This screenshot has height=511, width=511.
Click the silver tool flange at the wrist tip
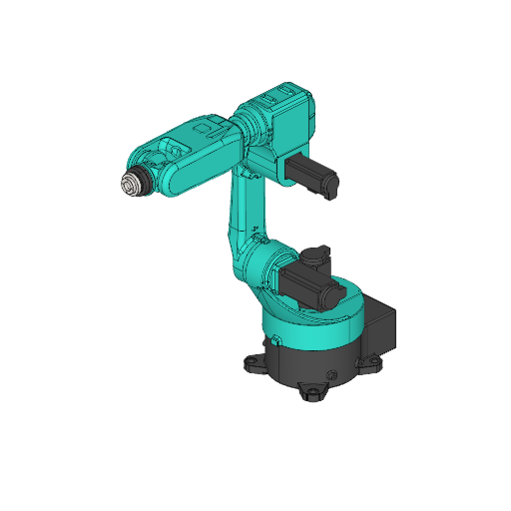click(x=129, y=186)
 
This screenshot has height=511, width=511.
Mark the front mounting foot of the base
click(x=313, y=391)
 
